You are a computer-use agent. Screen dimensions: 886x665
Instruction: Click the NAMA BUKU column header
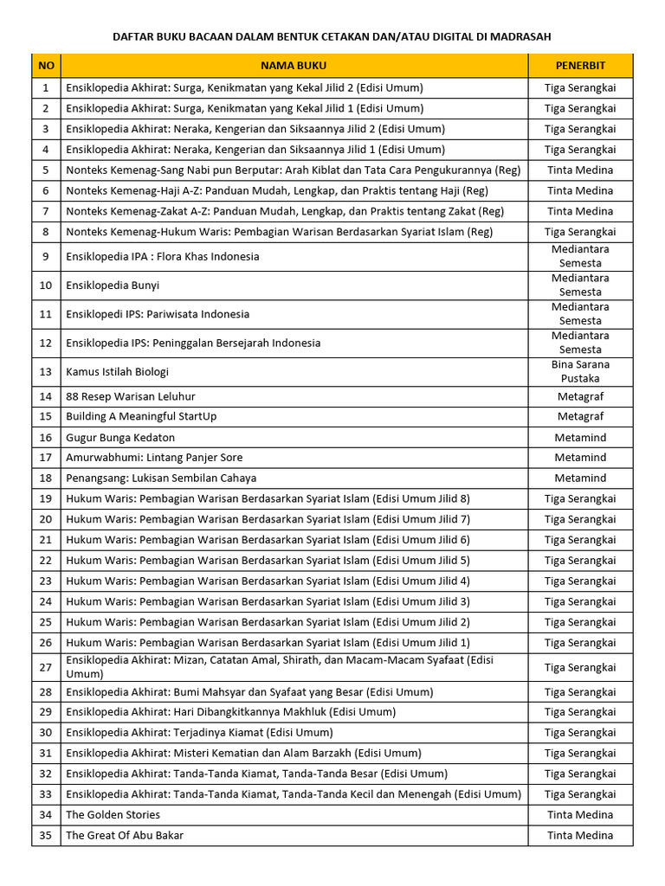(x=294, y=66)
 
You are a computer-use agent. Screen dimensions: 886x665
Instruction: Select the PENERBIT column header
(x=580, y=66)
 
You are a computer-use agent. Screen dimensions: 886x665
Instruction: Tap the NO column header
(x=46, y=66)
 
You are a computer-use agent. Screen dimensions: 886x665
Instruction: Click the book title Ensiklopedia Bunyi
(x=113, y=286)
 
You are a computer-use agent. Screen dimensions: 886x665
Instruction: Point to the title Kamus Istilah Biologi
(x=117, y=372)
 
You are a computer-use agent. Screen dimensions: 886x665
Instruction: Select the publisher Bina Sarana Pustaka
(x=580, y=372)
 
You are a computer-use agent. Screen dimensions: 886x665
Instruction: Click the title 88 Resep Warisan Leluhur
(x=131, y=396)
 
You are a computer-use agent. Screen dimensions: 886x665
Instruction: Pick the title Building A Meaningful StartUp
(x=141, y=416)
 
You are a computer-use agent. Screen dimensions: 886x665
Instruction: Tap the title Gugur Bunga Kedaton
(x=120, y=438)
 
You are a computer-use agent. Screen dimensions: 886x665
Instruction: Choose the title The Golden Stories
(x=113, y=815)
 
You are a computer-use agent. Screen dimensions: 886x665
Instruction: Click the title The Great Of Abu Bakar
(x=125, y=836)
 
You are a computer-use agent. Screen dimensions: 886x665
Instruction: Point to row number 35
(x=46, y=836)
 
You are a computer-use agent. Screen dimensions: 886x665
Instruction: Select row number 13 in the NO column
(x=46, y=372)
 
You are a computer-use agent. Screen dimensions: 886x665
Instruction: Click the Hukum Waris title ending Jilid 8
(x=268, y=499)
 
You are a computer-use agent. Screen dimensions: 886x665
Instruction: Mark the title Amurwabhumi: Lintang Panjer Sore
(x=154, y=458)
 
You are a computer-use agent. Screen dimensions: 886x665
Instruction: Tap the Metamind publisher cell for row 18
(x=580, y=478)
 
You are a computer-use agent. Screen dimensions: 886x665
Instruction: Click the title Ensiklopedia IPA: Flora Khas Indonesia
(x=162, y=257)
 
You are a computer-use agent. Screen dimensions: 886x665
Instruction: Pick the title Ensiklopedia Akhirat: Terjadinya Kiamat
(x=199, y=733)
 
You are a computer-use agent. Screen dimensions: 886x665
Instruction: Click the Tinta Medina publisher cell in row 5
(x=580, y=170)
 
